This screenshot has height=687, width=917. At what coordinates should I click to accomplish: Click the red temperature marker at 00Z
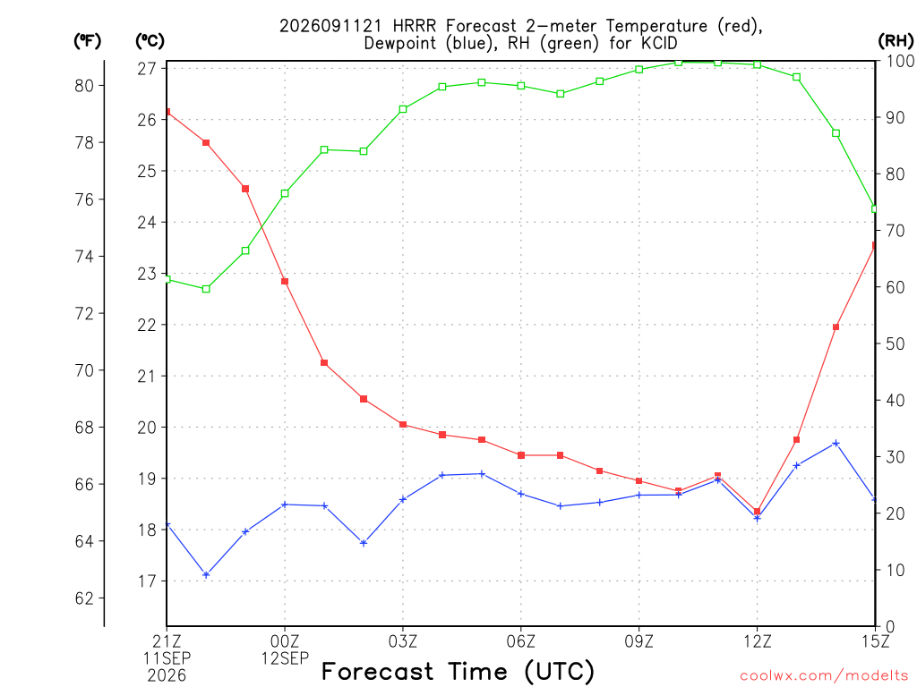click(x=285, y=282)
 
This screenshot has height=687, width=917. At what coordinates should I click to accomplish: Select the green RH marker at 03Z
click(x=403, y=109)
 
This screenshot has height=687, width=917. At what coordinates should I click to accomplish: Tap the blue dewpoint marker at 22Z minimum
click(x=206, y=575)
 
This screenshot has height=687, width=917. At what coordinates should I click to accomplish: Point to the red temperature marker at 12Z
click(x=758, y=511)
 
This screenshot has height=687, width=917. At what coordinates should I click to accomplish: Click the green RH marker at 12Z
click(x=758, y=64)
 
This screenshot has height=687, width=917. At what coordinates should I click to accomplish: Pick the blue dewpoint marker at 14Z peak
click(x=836, y=444)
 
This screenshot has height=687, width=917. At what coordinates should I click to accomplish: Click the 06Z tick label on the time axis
click(x=520, y=641)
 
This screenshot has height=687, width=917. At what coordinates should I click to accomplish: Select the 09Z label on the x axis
click(x=638, y=641)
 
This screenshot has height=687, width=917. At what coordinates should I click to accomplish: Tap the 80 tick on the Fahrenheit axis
click(x=84, y=86)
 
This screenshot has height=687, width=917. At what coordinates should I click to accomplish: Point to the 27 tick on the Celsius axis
click(x=147, y=69)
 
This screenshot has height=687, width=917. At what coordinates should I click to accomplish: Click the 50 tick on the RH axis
click(x=895, y=343)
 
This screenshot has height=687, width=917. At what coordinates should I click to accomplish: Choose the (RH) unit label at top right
click(x=896, y=41)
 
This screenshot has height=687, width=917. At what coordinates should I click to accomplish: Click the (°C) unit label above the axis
click(x=150, y=41)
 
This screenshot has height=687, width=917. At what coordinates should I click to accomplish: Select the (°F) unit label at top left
click(x=87, y=41)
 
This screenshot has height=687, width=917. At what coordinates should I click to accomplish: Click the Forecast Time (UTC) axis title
click(x=458, y=671)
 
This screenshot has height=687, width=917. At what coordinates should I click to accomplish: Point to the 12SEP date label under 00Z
click(x=285, y=658)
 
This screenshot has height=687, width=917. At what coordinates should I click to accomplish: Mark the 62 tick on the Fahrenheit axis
click(x=84, y=598)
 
